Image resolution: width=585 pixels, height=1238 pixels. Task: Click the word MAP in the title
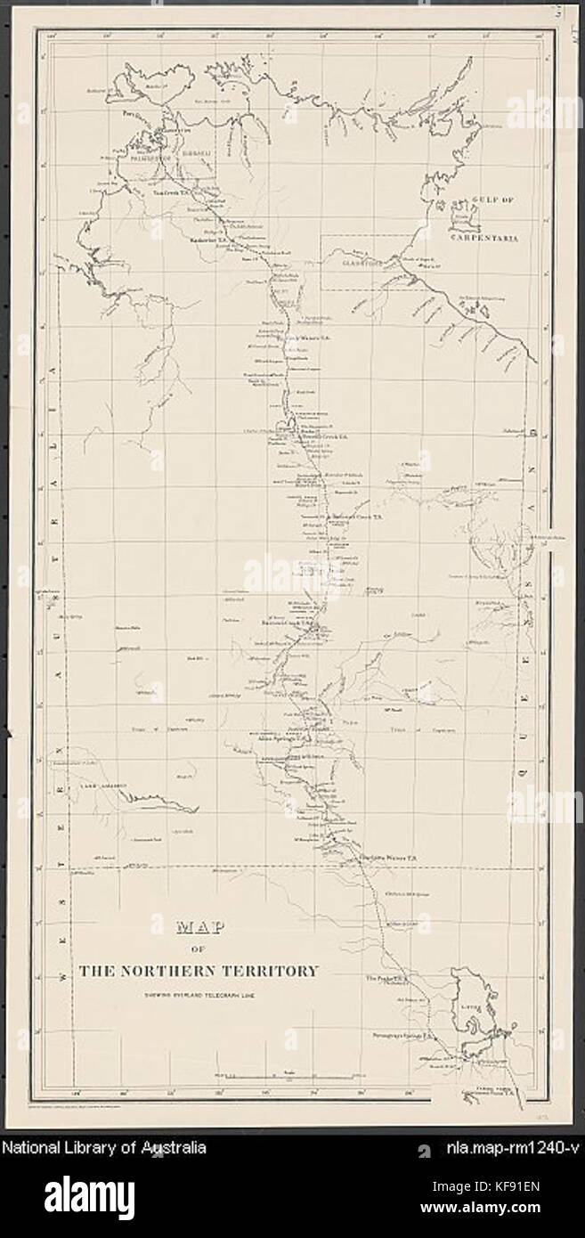[x=196, y=927]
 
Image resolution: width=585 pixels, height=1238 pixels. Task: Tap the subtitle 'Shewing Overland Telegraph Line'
[x=197, y=995]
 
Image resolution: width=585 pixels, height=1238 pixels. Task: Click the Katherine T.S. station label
[x=214, y=240]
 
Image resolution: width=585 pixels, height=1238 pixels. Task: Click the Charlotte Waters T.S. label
[x=387, y=858]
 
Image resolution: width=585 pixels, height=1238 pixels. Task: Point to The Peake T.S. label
[x=386, y=979]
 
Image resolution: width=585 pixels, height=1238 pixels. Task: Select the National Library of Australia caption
[x=104, y=1148]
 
